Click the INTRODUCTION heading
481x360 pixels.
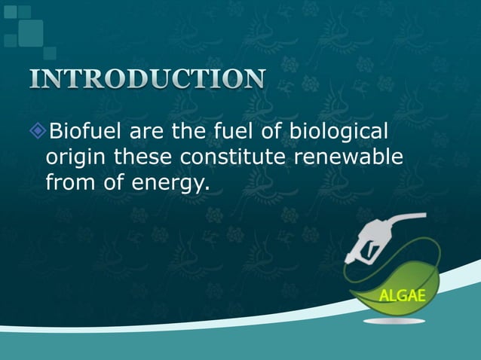(148, 79)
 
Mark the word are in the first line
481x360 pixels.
(148, 134)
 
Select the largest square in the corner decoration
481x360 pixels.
(31, 31)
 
